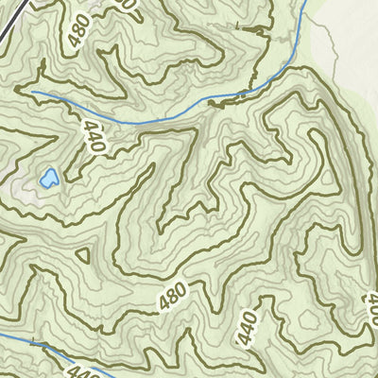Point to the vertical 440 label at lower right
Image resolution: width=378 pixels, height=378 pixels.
coord(249,329)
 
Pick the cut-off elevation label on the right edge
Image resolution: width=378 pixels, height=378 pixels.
coord(371,307)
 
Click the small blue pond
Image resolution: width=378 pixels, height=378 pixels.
coord(48,177)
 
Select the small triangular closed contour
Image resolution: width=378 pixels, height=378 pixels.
coord(82,254)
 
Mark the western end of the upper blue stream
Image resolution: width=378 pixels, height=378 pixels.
coord(32,92)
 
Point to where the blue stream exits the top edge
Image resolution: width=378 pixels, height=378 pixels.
coord(307,3)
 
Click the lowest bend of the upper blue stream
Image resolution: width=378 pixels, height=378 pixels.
coord(132,123)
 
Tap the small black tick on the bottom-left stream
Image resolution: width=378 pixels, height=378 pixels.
coord(36,341)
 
